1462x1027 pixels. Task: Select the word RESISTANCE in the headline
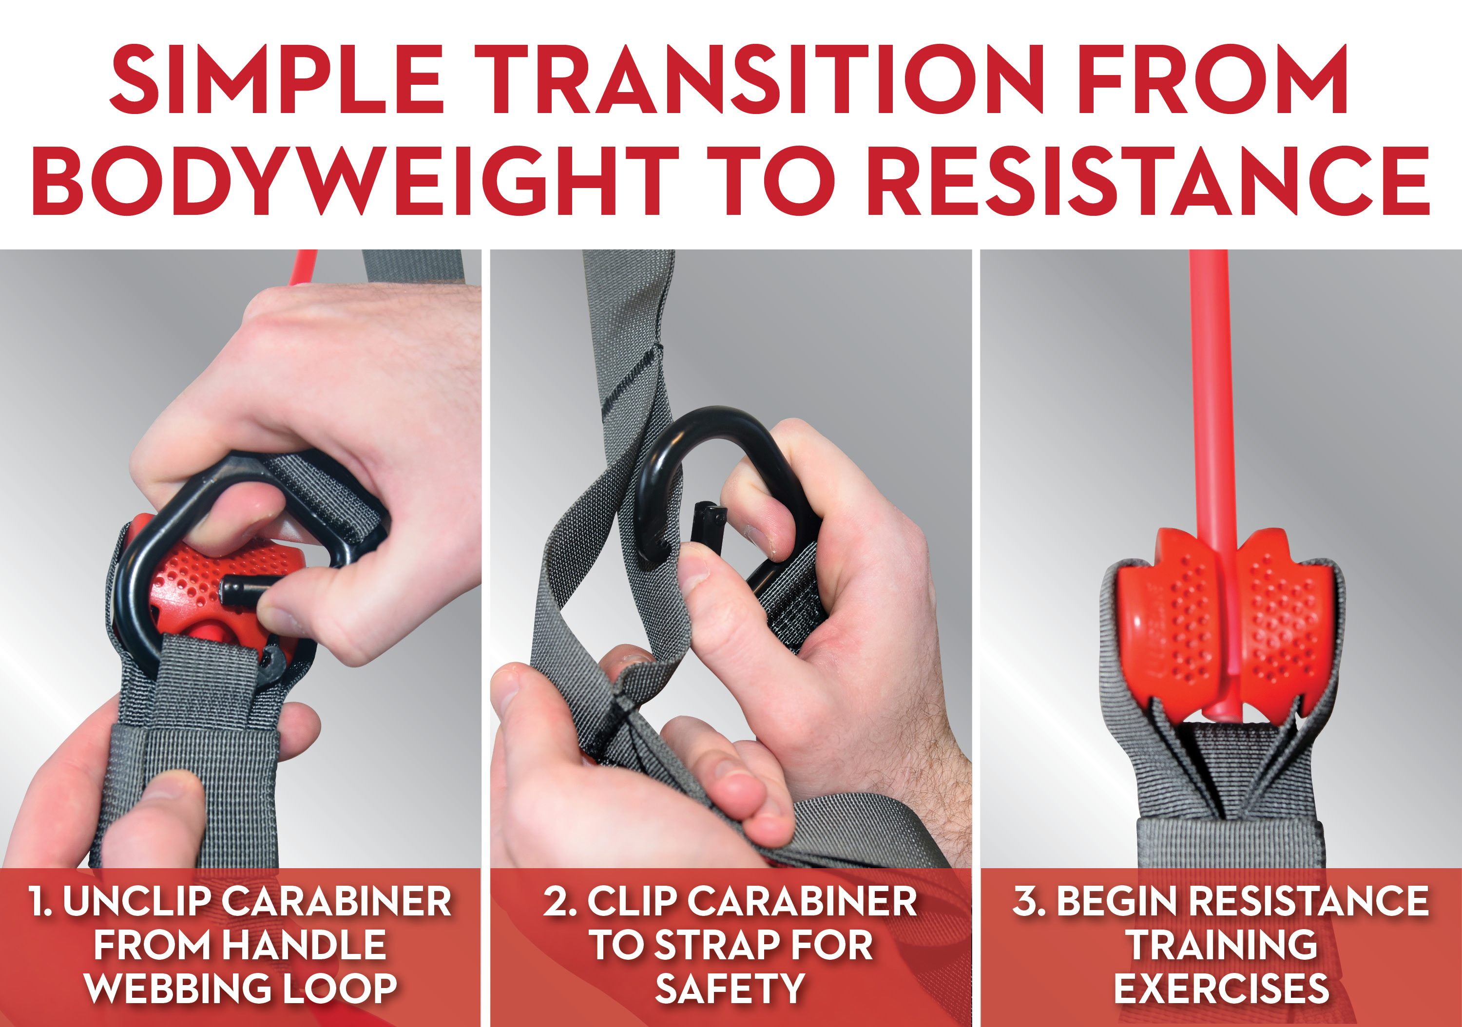[1148, 181]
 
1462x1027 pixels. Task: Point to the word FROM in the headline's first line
[1212, 79]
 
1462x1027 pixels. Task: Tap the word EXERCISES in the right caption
[1221, 989]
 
